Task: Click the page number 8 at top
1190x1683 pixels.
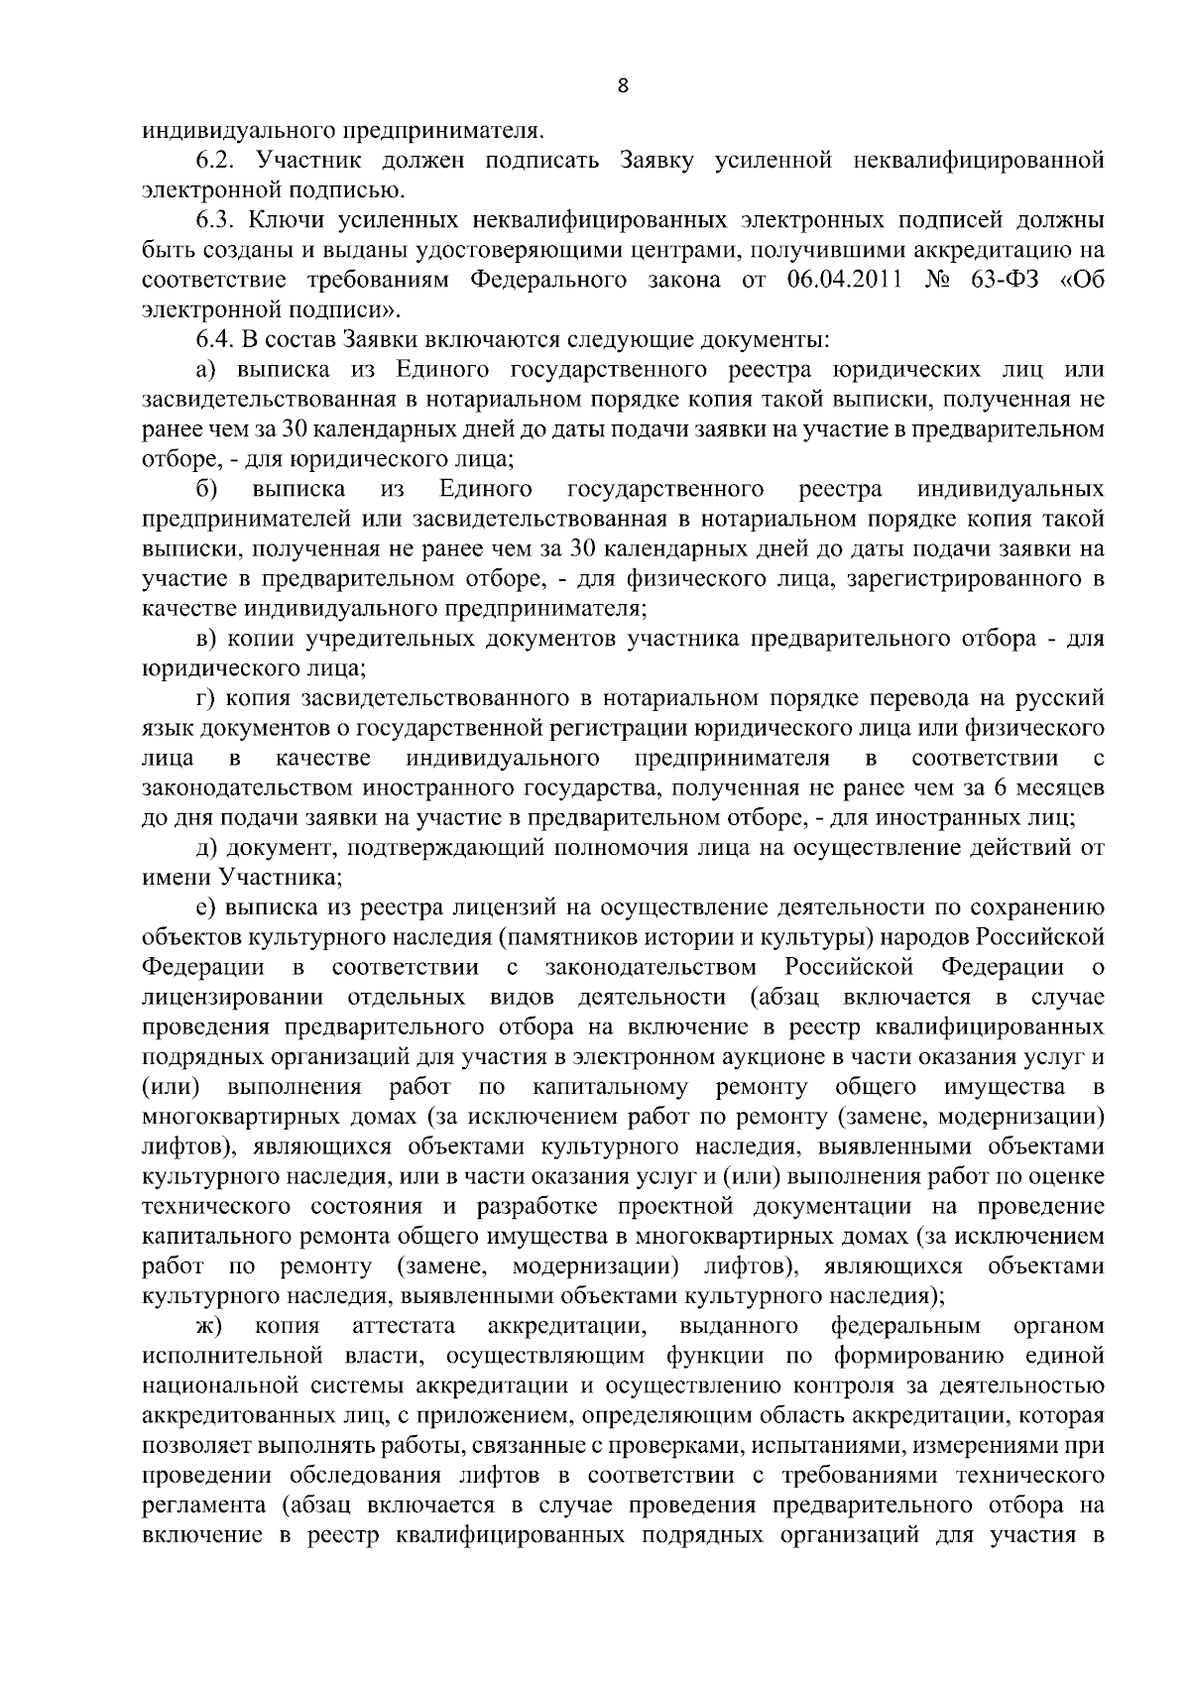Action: [623, 86]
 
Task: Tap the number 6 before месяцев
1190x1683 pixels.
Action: [1010, 788]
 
